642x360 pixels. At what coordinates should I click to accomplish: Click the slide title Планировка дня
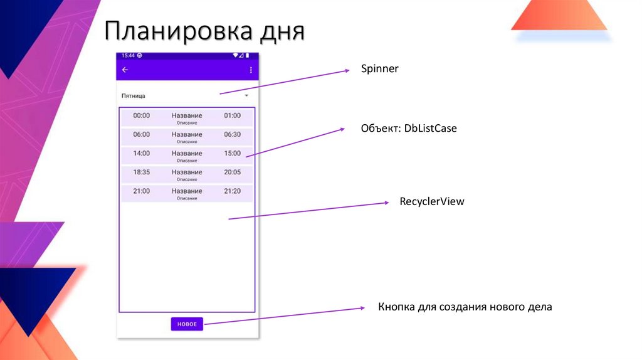click(x=204, y=31)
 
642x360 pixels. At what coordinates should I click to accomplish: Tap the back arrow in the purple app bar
click(x=125, y=70)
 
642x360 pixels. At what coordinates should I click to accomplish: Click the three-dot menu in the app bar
click(x=251, y=70)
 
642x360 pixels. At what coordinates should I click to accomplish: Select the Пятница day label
click(x=134, y=96)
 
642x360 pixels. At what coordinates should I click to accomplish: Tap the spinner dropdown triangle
click(x=246, y=95)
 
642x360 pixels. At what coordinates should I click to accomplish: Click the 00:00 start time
click(x=142, y=115)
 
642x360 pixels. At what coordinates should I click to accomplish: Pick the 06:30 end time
click(x=232, y=134)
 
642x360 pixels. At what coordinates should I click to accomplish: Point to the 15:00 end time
click(x=232, y=153)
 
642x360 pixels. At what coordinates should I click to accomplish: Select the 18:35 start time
click(x=142, y=172)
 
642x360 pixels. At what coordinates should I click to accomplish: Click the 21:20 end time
click(x=232, y=191)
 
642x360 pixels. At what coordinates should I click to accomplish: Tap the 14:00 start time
click(x=142, y=153)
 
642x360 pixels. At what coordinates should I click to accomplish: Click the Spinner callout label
click(x=379, y=69)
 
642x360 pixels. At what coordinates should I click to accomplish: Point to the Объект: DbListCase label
click(x=409, y=129)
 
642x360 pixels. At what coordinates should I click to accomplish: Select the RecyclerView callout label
click(x=431, y=202)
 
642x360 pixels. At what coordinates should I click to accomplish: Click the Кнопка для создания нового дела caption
click(x=465, y=307)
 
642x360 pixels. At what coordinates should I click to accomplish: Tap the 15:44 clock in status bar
click(x=128, y=55)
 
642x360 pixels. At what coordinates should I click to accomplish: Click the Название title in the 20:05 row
click(x=187, y=172)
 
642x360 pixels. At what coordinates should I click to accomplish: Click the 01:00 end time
click(x=232, y=115)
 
